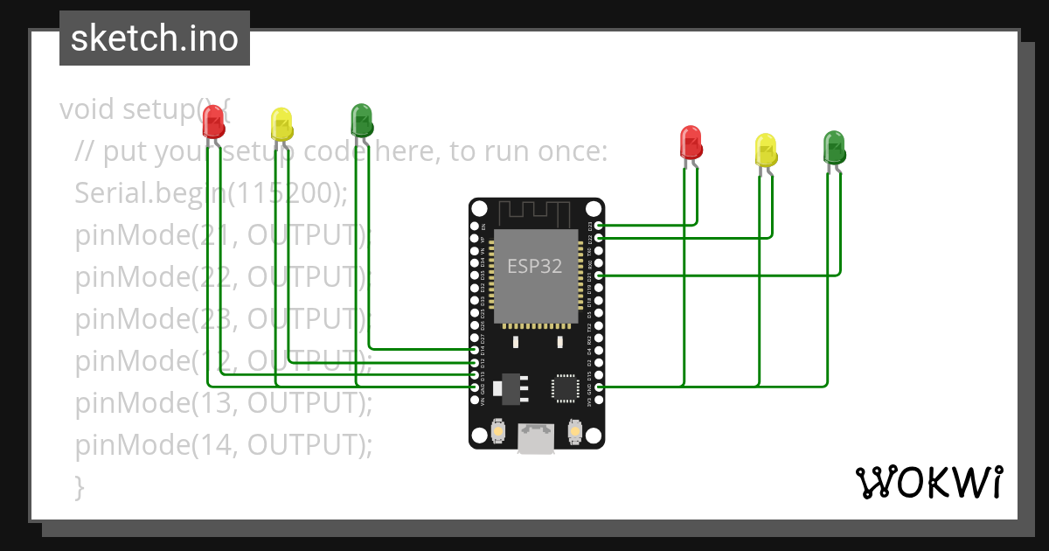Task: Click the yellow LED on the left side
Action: [x=281, y=124]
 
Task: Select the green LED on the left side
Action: [x=361, y=119]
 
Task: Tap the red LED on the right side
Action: [x=691, y=143]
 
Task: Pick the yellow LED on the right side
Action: [x=766, y=150]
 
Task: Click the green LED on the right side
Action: [x=834, y=147]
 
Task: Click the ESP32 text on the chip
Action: [x=535, y=266]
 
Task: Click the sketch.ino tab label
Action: [x=155, y=38]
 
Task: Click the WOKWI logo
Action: [x=928, y=482]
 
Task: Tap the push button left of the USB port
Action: [x=497, y=430]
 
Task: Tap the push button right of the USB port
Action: [x=574, y=430]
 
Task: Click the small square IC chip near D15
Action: [x=564, y=387]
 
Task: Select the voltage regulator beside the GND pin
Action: [x=504, y=387]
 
